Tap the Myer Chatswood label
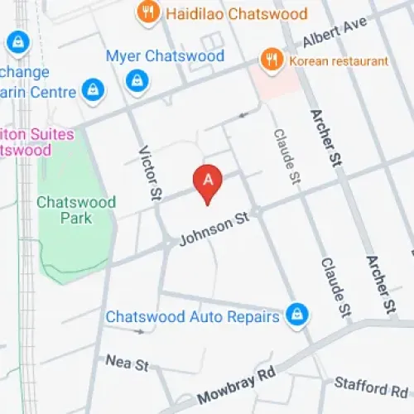pyautogui.click(x=165, y=56)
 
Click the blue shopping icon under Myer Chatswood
pyautogui.click(x=136, y=80)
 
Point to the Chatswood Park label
pyautogui.click(x=76, y=210)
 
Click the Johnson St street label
pyautogui.click(x=214, y=231)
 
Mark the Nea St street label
pyautogui.click(x=127, y=362)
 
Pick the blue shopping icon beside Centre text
pyautogui.click(x=91, y=90)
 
